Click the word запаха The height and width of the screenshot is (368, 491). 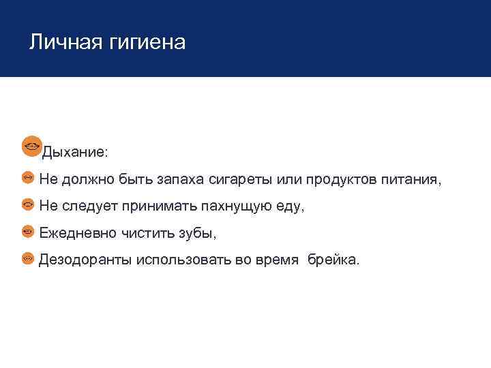pos(180,180)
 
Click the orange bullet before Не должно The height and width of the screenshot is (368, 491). pos(28,177)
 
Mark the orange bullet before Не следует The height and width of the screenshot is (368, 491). pos(28,204)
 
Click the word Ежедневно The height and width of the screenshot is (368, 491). pos(76,233)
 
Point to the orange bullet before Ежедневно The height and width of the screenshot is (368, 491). pos(28,231)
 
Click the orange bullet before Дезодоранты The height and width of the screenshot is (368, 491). pos(28,258)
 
